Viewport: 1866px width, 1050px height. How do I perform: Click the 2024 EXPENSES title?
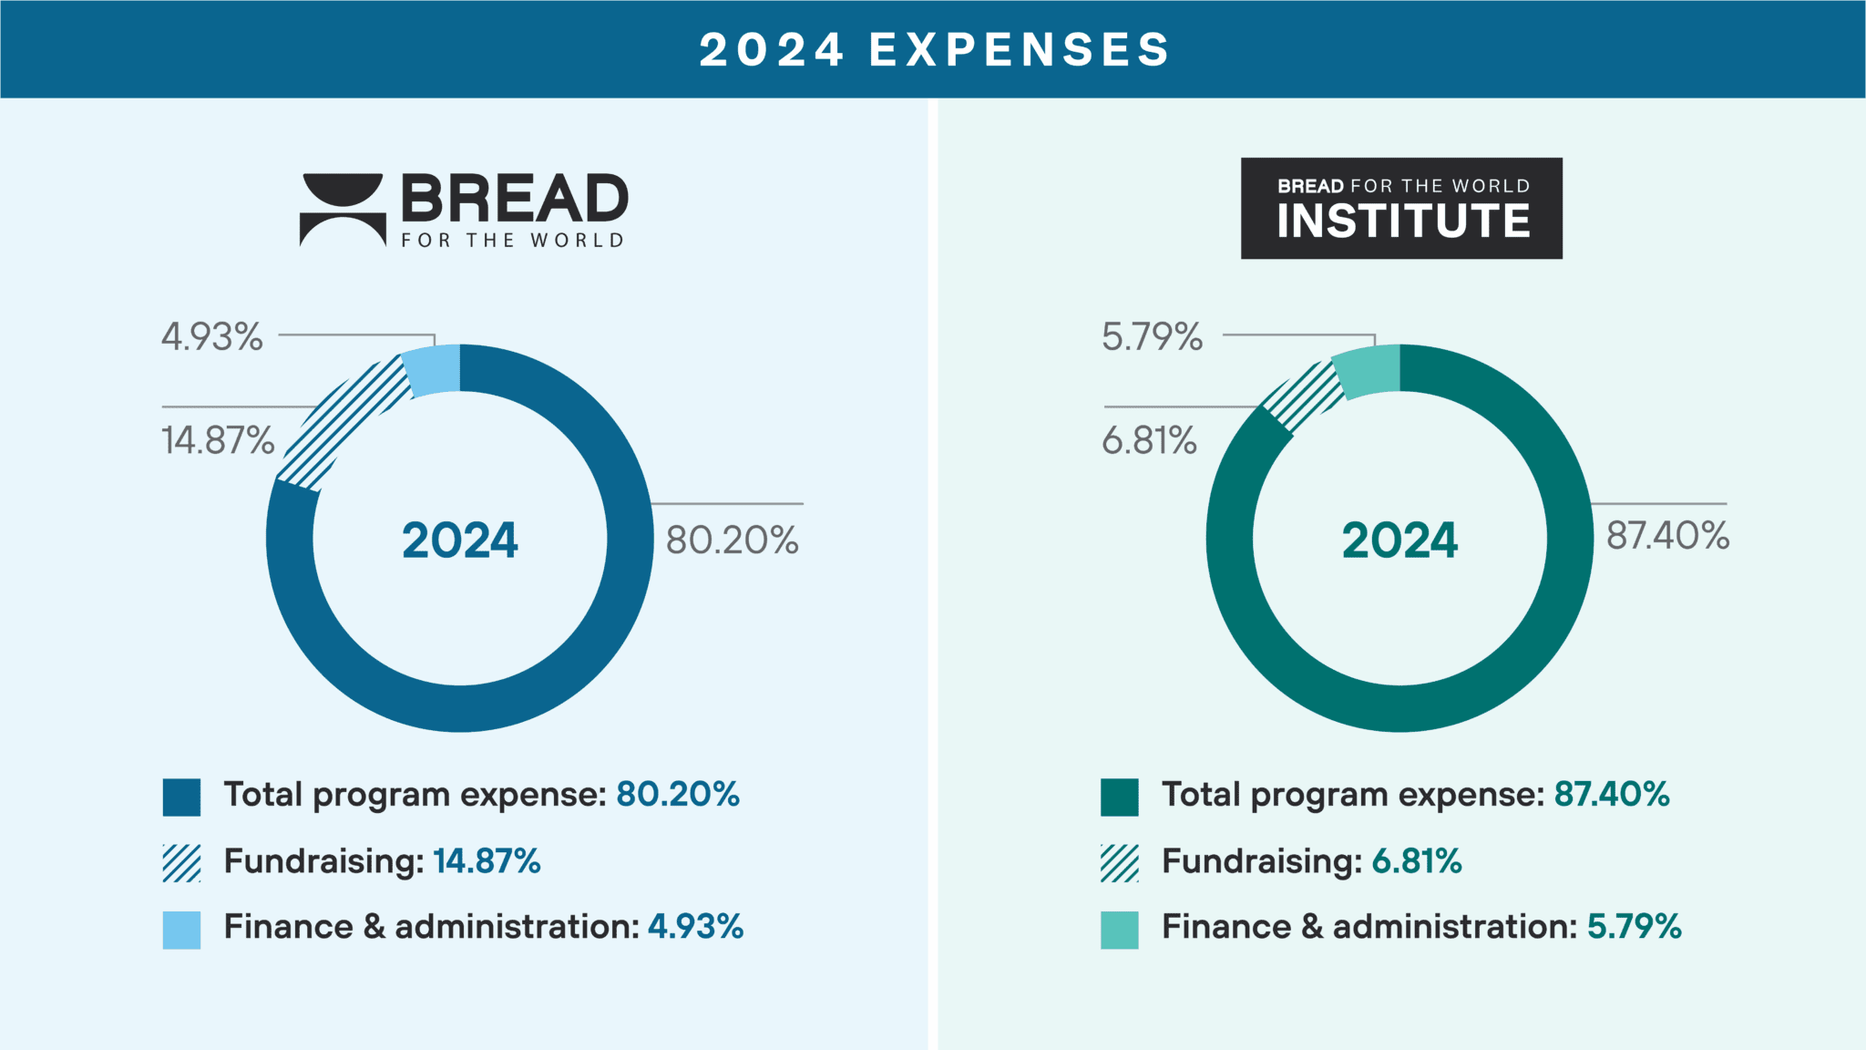(x=934, y=49)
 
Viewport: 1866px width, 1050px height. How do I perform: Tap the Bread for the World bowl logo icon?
(x=343, y=209)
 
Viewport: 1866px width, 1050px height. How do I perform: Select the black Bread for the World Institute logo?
(x=1401, y=208)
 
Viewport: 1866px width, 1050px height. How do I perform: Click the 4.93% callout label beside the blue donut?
(x=212, y=336)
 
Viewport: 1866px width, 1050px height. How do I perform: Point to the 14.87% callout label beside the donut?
(x=218, y=440)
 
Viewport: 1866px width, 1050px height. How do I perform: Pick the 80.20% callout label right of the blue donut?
(x=733, y=540)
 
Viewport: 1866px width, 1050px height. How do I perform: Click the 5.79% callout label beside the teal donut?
(x=1153, y=336)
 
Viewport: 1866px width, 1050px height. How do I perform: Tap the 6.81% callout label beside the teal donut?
(x=1149, y=440)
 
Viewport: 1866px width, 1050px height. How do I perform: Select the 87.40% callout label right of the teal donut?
(x=1667, y=535)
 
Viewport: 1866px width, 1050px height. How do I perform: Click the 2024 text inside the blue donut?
(x=460, y=540)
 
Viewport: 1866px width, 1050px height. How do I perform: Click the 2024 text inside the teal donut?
(x=1399, y=540)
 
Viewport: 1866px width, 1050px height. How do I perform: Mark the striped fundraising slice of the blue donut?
(x=342, y=423)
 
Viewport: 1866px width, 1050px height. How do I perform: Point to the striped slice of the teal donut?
(x=1304, y=397)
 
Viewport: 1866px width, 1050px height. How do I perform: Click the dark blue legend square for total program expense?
(x=181, y=797)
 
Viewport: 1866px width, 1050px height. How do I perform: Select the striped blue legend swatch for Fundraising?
(x=181, y=863)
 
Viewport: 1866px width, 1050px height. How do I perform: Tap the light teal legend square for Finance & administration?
(x=1119, y=930)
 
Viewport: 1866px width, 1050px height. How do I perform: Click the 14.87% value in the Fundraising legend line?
(x=487, y=861)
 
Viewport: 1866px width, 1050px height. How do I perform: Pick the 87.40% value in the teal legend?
(x=1612, y=795)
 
